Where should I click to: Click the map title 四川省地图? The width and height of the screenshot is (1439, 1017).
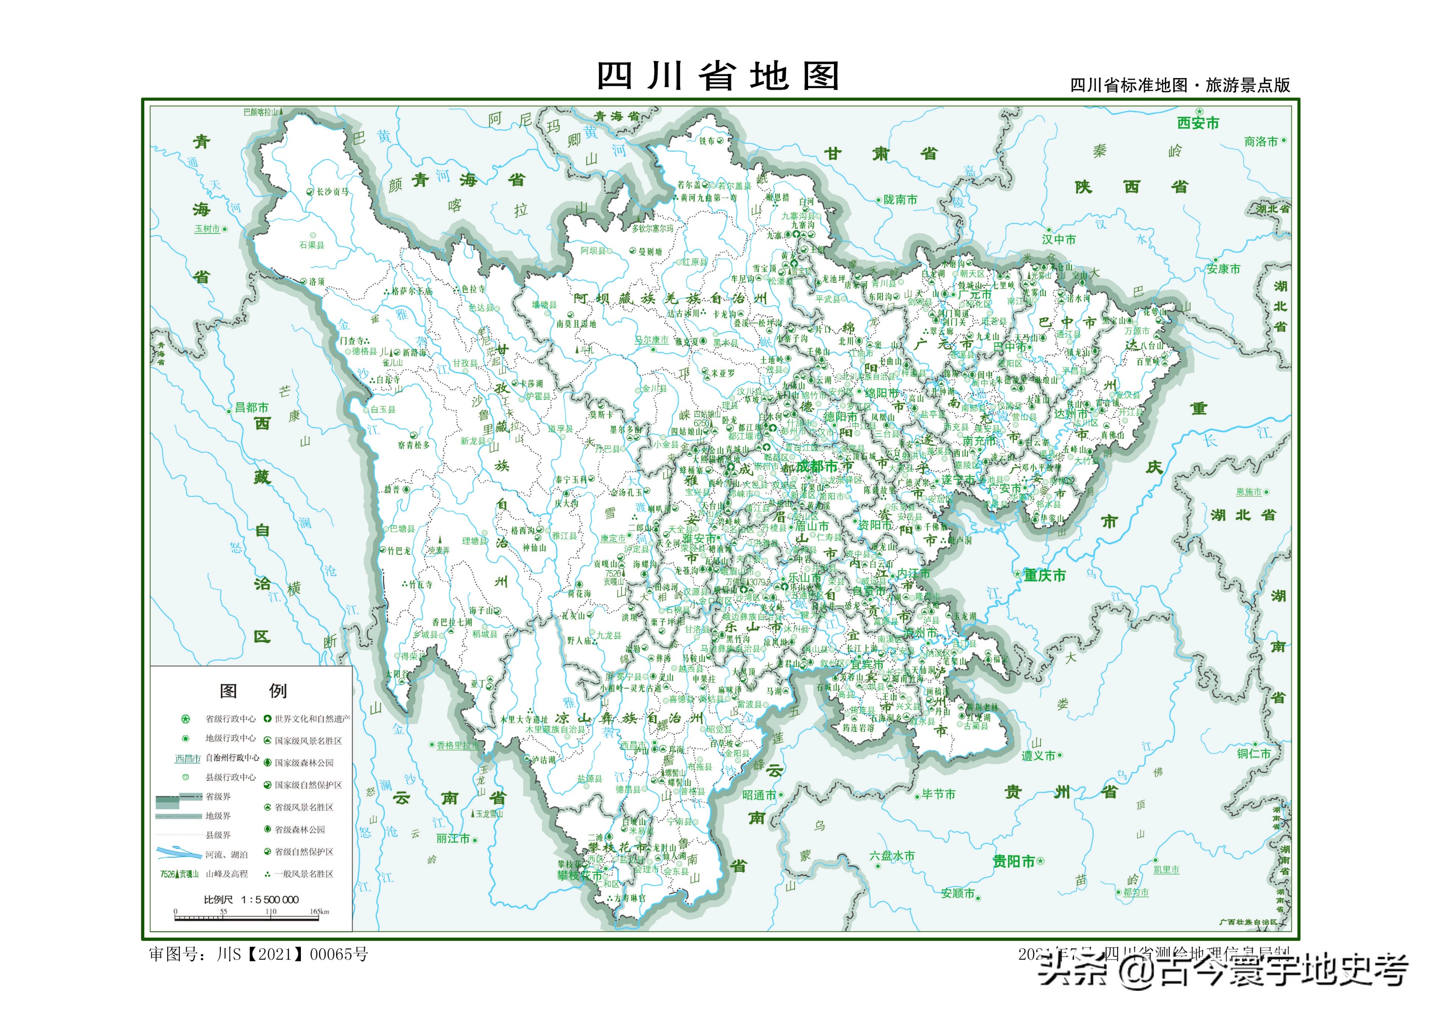[x=718, y=77]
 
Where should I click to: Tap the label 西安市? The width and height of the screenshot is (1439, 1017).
[x=1198, y=123]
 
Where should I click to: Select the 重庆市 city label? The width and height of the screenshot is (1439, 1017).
[x=1044, y=575]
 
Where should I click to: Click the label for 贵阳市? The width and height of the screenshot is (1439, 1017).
[x=1013, y=862]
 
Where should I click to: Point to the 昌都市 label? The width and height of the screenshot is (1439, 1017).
[x=251, y=407]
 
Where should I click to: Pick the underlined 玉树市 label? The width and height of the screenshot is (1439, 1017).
[x=207, y=229]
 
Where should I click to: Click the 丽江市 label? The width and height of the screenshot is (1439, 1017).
[x=453, y=838]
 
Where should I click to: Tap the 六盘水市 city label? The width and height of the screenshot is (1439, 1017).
[x=892, y=856]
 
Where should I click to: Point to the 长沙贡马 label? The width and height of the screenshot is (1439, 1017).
[x=332, y=192]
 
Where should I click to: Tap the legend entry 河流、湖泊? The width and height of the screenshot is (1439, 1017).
[x=226, y=855]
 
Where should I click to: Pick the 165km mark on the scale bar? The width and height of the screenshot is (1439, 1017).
[x=319, y=912]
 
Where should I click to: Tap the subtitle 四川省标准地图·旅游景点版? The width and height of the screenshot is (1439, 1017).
[x=1180, y=85]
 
